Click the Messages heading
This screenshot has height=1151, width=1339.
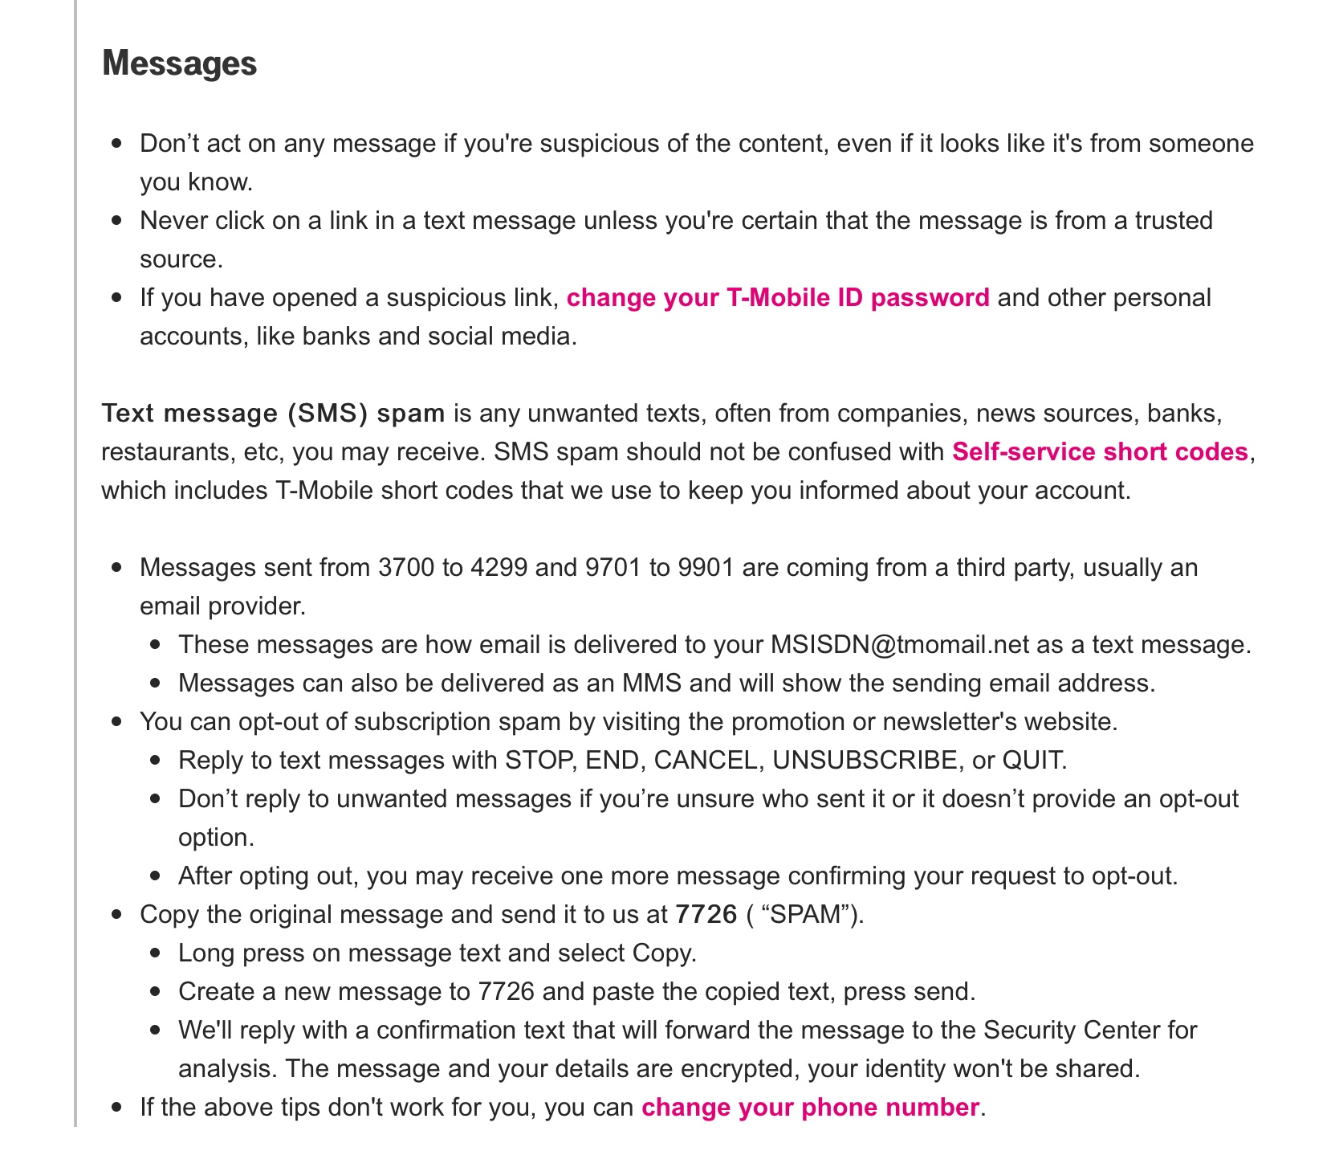[x=179, y=63]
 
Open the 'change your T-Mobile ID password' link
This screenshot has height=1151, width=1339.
[x=777, y=298]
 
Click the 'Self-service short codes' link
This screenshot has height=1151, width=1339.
[x=1100, y=452]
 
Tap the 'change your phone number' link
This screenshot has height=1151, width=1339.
[x=810, y=1108]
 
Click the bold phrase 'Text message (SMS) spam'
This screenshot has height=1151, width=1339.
[x=273, y=414]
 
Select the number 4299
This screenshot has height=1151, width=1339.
[x=499, y=568]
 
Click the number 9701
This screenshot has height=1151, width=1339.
[x=613, y=568]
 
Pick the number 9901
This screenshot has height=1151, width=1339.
[x=706, y=568]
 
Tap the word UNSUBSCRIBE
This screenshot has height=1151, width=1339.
[x=865, y=761]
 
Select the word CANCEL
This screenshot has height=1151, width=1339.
[x=706, y=761]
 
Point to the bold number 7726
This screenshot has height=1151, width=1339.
[x=706, y=915]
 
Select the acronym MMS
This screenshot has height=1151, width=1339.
[x=651, y=684]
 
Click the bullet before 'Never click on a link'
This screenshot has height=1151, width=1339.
[x=118, y=221]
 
